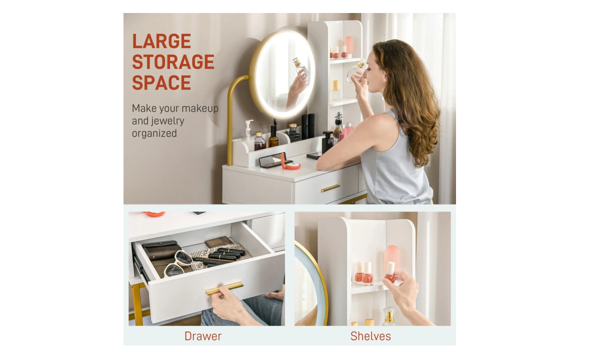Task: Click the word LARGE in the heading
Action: [161, 41]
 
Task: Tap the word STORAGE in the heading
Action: [173, 62]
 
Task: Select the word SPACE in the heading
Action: [161, 82]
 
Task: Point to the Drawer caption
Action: [203, 336]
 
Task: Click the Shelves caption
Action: [370, 336]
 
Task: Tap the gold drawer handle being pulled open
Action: [224, 288]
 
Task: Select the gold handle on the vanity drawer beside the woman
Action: [330, 188]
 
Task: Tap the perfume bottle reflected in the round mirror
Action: [301, 68]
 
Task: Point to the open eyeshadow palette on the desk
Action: [275, 160]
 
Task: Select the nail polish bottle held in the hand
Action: [390, 272]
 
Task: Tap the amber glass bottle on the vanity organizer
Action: [273, 137]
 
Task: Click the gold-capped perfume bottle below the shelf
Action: [389, 316]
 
